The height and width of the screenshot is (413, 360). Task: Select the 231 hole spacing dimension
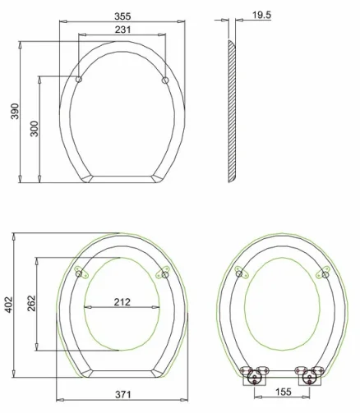coord(122,30)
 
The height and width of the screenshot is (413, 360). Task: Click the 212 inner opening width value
coord(122,301)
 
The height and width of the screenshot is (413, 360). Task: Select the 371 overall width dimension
coord(122,395)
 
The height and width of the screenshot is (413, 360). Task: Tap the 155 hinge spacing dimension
coord(282,392)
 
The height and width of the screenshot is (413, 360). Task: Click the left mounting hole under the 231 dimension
coord(79,80)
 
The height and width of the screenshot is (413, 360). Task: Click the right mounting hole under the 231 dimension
coord(165,80)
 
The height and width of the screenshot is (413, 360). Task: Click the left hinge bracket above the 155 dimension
coord(254,375)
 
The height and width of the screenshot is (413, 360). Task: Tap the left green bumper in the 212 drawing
coord(80,272)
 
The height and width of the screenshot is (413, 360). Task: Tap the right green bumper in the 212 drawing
coord(162,272)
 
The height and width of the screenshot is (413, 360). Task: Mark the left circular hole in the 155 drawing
coord(239,273)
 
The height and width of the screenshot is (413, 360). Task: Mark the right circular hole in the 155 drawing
coord(325,273)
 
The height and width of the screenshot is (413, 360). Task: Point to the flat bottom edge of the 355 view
coord(122,178)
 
